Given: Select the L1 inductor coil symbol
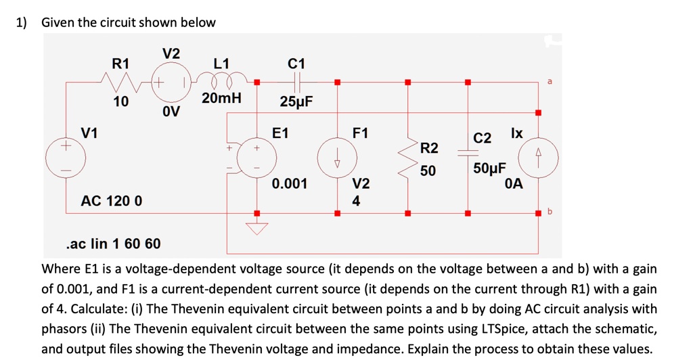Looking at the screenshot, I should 221,82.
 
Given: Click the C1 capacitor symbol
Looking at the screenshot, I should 296,82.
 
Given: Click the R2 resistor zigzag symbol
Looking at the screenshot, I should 407,160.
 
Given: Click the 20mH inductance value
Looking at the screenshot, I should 221,98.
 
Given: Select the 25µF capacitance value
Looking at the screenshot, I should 296,102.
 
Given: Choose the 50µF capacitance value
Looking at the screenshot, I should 489,168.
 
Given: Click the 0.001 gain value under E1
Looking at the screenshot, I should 290,183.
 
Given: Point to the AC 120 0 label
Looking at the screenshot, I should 112,201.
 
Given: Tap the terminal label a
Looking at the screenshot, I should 550,81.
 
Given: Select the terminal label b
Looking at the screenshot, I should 550,211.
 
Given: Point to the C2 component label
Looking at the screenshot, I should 482,139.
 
